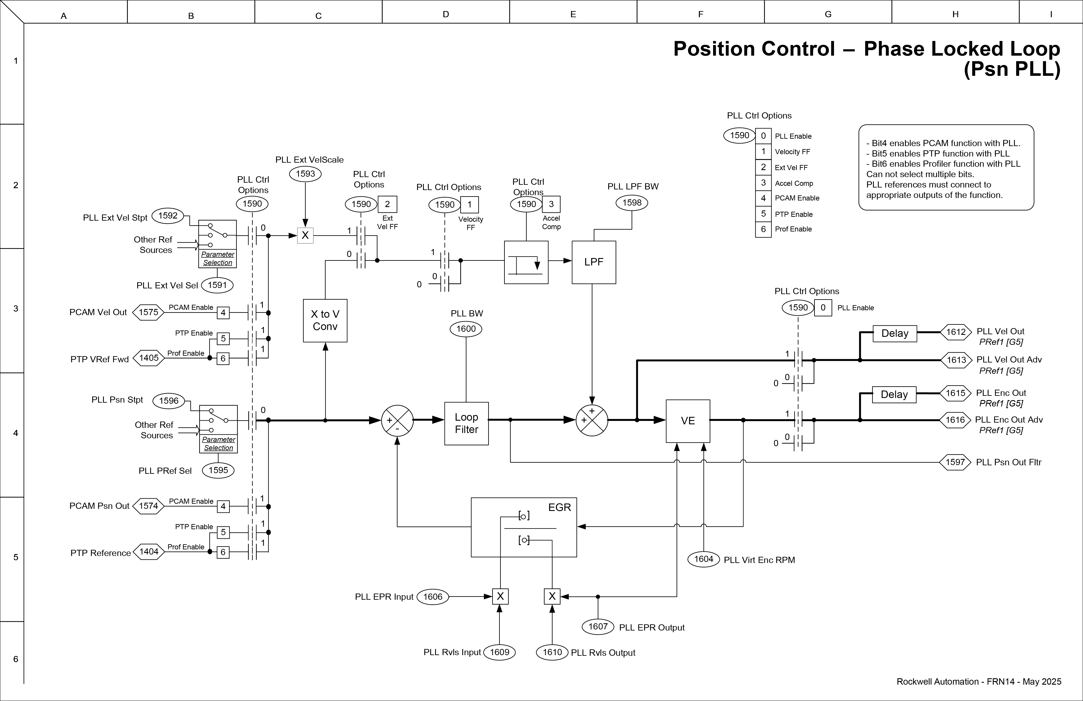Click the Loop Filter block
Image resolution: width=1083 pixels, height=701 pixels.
click(466, 423)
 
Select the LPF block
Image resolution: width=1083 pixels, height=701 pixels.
click(594, 262)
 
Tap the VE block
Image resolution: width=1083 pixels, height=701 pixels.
click(688, 421)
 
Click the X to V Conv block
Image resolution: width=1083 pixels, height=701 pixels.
click(325, 320)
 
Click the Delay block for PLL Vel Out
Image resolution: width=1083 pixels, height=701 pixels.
click(895, 333)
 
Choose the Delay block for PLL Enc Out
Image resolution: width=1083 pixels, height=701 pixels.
click(894, 395)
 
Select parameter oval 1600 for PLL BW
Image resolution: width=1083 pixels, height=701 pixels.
click(466, 329)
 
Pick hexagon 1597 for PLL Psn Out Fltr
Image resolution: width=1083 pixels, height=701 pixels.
click(955, 462)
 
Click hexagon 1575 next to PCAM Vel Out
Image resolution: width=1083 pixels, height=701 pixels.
click(148, 312)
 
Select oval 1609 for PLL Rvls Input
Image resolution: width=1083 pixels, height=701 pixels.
click(500, 652)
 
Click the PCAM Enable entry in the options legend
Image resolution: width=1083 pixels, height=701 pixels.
click(797, 198)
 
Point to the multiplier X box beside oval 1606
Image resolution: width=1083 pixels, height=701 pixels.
click(500, 596)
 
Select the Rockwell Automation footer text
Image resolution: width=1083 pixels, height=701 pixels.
click(978, 681)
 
